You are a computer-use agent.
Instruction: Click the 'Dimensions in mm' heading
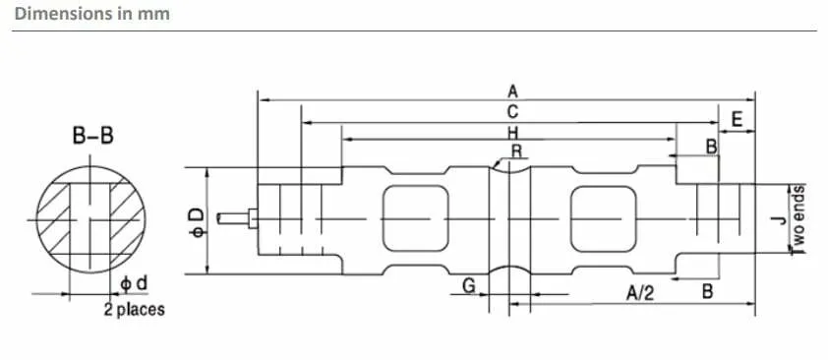pos(91,13)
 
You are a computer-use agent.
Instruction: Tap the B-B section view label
pos(93,136)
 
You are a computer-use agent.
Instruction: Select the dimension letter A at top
pos(512,91)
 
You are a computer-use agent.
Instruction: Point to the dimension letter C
pos(512,111)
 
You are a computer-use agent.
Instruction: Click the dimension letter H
pos(512,132)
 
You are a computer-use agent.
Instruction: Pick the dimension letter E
pos(737,120)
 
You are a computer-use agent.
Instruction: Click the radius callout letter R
pos(516,151)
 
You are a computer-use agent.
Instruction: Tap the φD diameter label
pos(197,222)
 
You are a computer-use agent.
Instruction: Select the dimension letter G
pos(469,286)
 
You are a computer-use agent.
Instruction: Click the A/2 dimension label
pos(640,292)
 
